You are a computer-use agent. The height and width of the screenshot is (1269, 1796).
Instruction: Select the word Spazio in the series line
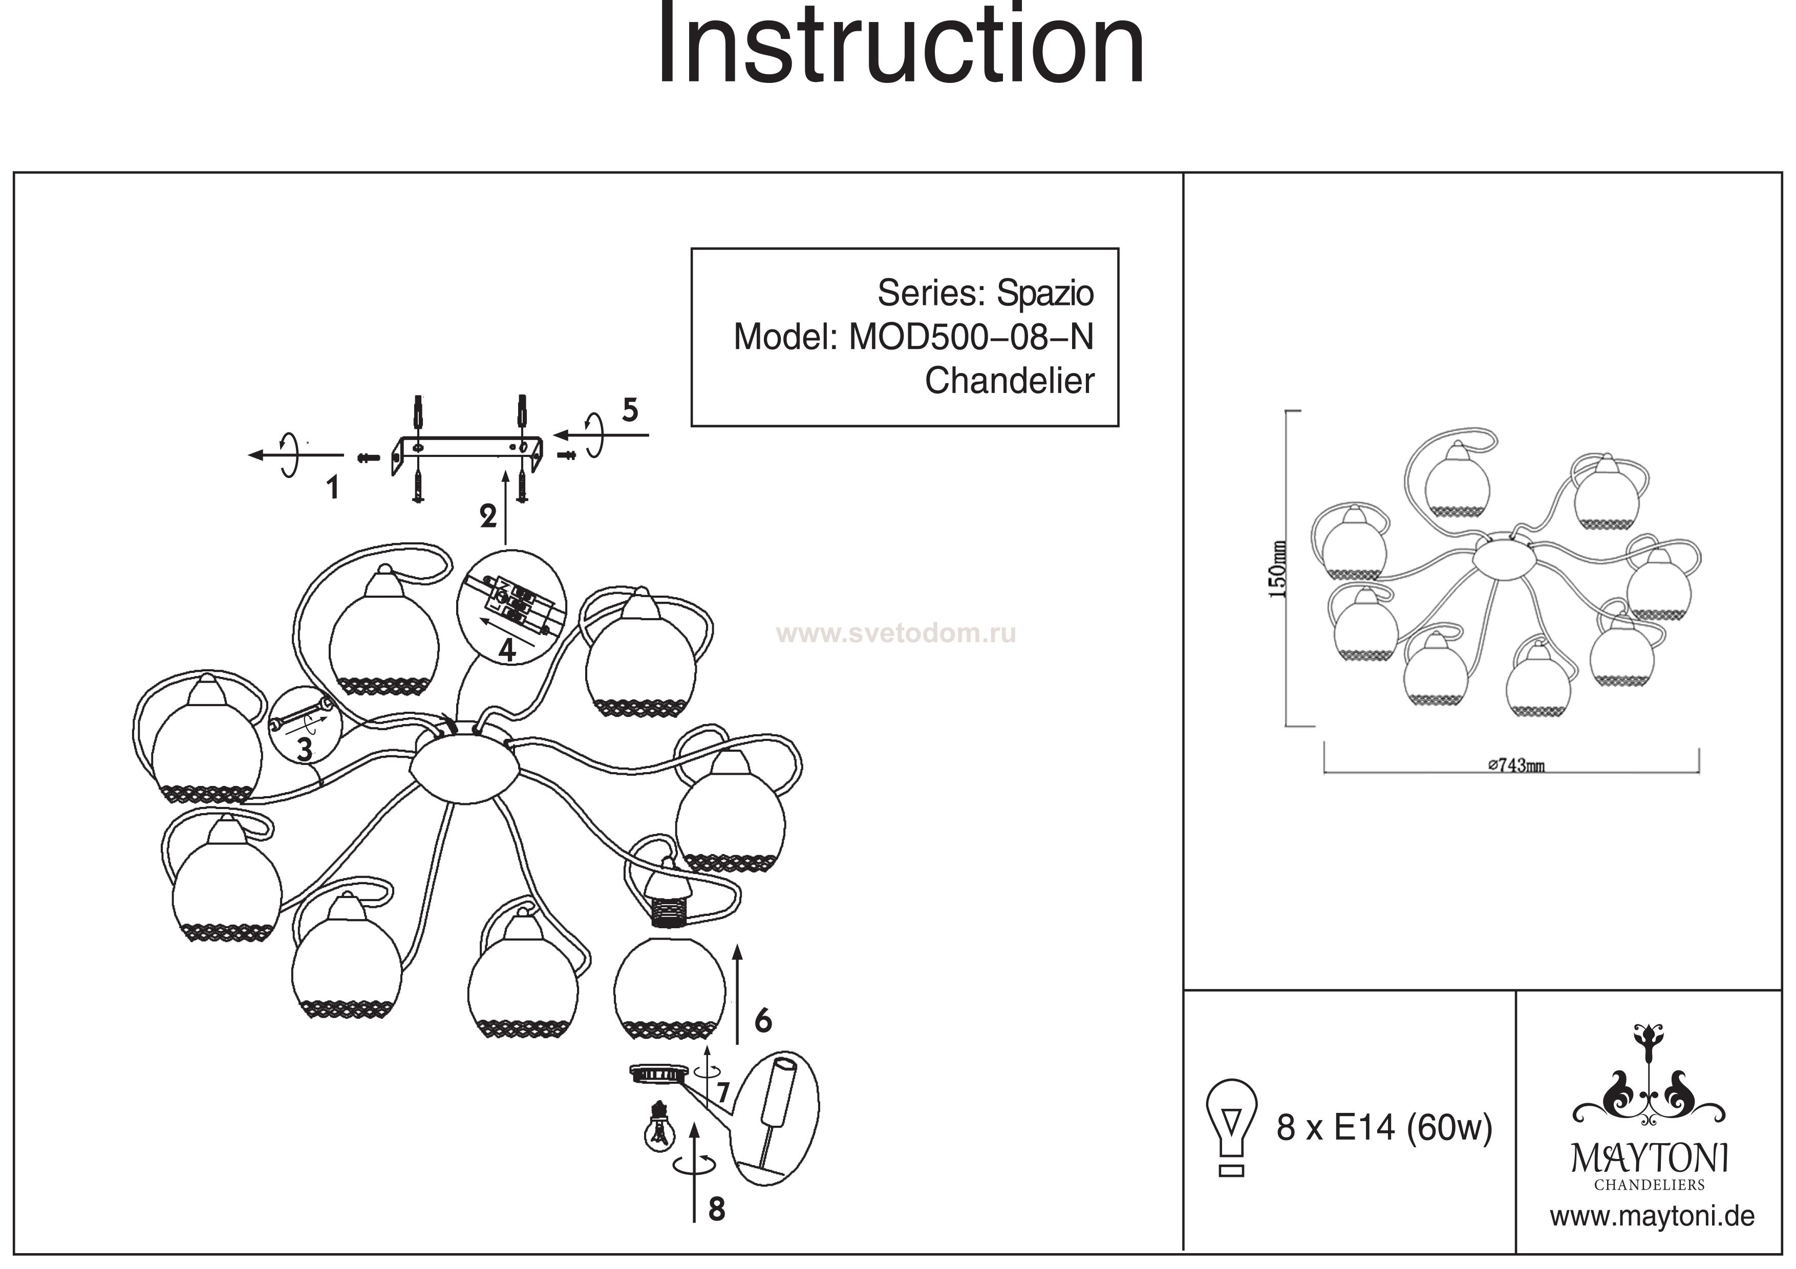click(x=1044, y=293)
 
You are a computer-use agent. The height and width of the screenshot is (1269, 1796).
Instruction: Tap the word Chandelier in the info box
click(x=1009, y=381)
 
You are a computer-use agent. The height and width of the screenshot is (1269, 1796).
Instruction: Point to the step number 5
click(x=630, y=410)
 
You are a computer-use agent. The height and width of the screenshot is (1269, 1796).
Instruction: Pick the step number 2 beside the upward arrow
click(x=488, y=516)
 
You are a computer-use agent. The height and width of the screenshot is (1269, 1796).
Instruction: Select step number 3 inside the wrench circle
click(x=304, y=749)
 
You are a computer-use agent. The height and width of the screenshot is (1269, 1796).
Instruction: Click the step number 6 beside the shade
click(x=763, y=1020)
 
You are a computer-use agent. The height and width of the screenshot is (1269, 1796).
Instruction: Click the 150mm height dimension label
click(x=1276, y=568)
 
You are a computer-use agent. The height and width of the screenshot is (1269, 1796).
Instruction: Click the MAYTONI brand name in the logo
click(x=1649, y=1158)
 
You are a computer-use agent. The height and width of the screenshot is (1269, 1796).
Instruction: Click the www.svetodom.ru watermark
click(x=895, y=633)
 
